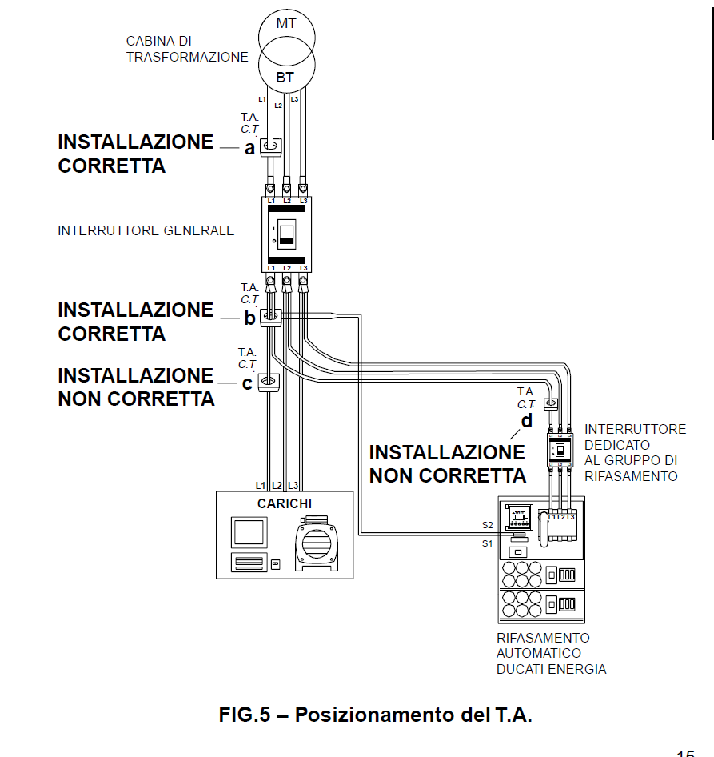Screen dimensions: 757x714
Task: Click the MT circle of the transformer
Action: coord(285,28)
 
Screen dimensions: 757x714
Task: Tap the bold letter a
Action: coord(249,148)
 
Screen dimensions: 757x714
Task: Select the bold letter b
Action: coord(249,318)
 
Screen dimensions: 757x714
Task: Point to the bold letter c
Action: coord(247,383)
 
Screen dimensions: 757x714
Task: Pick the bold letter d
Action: coord(526,421)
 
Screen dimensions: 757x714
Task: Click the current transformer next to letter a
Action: coord(271,146)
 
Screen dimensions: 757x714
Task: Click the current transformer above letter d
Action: coord(550,403)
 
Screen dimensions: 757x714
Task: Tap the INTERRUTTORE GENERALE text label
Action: coord(146,231)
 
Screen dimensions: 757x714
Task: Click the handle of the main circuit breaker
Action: coord(287,233)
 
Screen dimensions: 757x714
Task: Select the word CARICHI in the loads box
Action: coord(285,503)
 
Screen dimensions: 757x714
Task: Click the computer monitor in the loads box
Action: coord(248,532)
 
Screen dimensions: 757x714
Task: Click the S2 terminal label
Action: coord(488,525)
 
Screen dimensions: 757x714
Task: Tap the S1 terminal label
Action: coord(488,543)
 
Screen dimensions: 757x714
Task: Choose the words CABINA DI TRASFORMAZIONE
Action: coord(186,49)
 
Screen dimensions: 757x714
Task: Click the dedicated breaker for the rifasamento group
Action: coord(560,451)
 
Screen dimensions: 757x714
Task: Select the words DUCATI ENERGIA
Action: coord(551,669)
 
